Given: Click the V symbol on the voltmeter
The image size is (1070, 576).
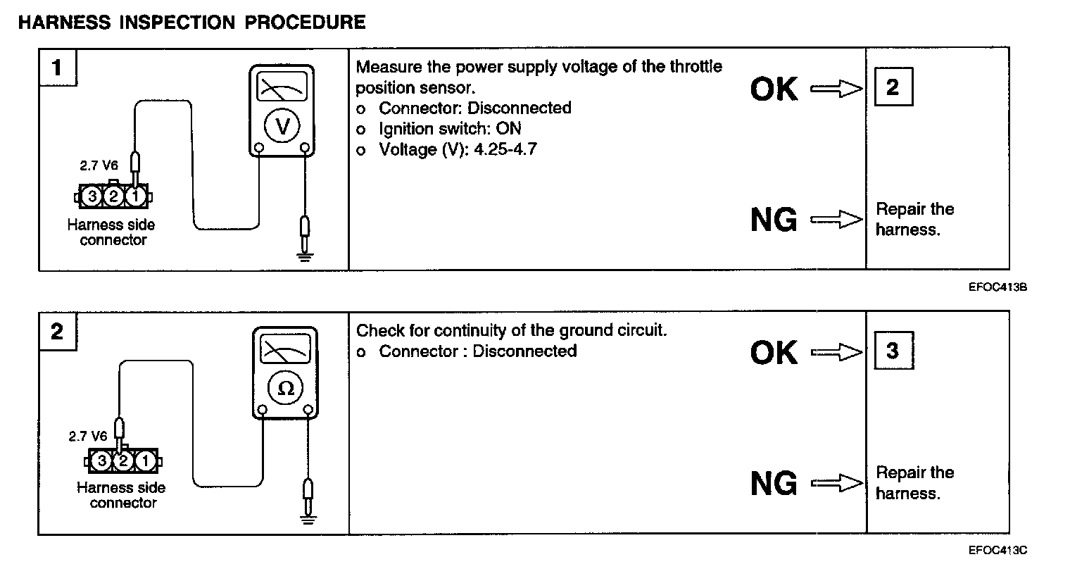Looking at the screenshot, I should coord(283,127).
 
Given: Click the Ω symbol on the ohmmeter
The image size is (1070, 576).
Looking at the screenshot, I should coord(286,388).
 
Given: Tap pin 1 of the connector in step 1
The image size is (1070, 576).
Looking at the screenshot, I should coord(136,196).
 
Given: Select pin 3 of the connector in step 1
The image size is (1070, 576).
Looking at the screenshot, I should coord(91,196).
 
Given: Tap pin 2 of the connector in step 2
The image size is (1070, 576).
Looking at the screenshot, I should coord(123,461).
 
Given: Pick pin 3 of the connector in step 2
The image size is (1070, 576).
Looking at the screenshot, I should coord(101,461).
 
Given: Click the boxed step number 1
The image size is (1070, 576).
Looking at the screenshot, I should coord(57,68).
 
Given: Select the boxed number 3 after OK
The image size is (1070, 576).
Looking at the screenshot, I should coord(893,351).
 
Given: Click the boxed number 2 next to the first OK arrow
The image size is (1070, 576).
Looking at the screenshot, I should coord(893,87).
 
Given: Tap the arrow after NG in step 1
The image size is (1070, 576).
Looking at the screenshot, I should coord(836,220).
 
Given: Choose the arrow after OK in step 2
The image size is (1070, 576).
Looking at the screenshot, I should coord(836,351).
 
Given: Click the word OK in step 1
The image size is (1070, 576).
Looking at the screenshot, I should coord(774,89).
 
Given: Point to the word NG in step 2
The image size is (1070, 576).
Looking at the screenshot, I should coord(774,484).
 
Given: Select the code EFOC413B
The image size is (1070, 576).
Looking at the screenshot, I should coord(997,287).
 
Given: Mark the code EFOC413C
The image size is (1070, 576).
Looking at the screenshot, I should coord(997,550).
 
